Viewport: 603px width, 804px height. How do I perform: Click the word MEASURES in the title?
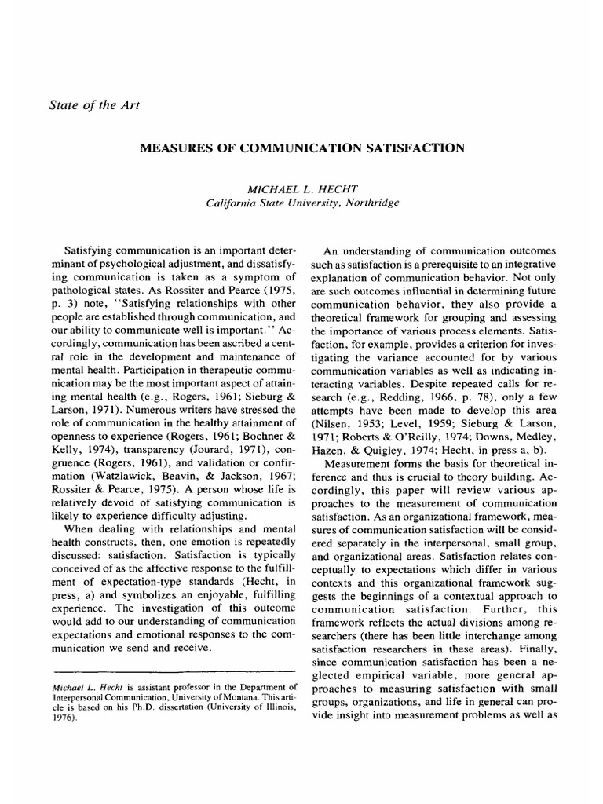click(x=177, y=147)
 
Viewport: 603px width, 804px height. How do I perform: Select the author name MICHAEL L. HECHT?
click(x=302, y=189)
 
